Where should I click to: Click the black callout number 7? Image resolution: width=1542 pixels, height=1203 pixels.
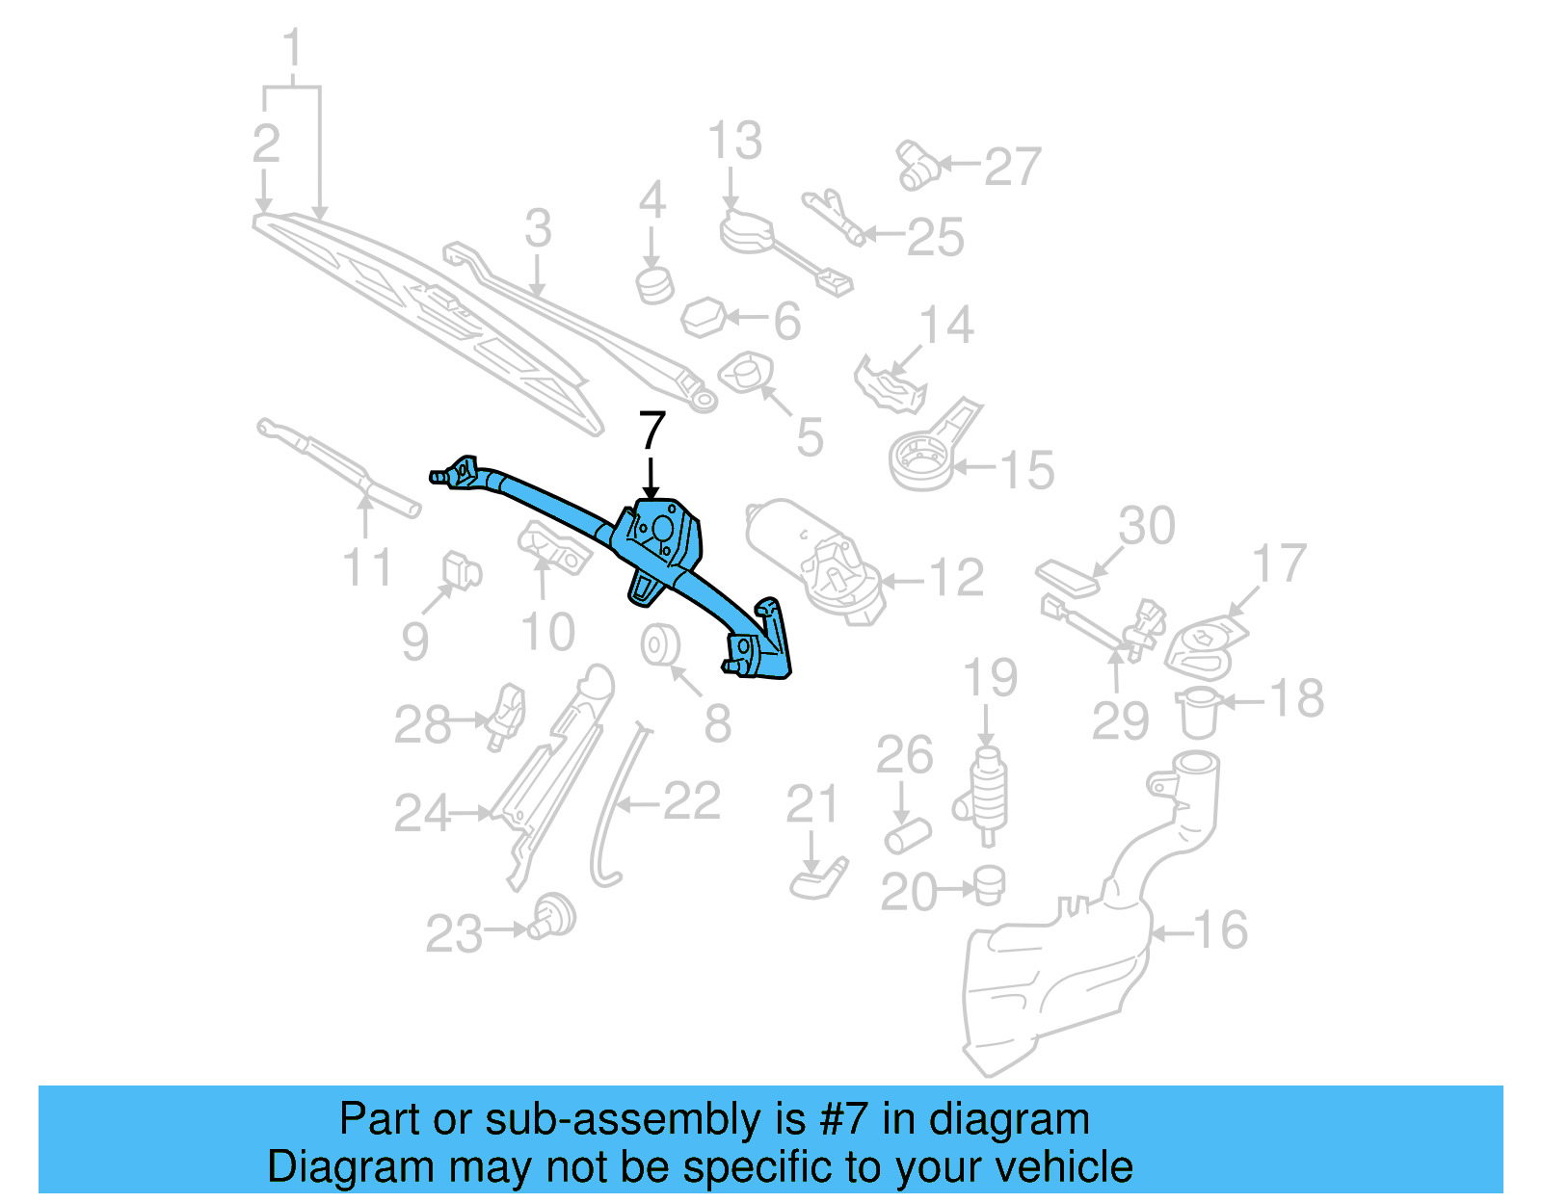[x=652, y=431]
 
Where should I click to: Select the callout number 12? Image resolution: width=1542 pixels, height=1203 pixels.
[x=956, y=579]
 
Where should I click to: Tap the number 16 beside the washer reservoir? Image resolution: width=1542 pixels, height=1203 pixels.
[x=1220, y=930]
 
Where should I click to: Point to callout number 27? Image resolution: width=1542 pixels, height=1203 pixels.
[x=1012, y=167]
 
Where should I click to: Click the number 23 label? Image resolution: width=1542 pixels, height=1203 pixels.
[x=454, y=933]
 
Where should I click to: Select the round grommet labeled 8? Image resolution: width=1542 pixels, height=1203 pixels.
[x=661, y=645]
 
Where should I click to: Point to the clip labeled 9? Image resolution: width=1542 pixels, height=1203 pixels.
[x=461, y=571]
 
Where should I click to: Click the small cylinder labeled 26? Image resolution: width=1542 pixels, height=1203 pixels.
[x=907, y=835]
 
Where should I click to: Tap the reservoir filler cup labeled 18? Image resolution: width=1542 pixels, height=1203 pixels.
[x=1198, y=713]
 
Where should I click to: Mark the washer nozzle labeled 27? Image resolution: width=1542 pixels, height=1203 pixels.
[x=917, y=166]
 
